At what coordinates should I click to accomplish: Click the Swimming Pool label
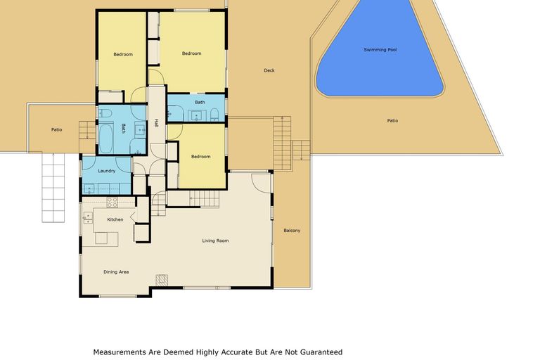[x=380, y=50]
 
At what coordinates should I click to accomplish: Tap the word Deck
[x=269, y=70]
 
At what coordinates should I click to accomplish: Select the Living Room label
[x=215, y=241]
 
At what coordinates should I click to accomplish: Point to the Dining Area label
[x=116, y=272]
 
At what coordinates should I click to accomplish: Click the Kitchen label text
[x=115, y=220]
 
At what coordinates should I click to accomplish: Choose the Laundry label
[x=106, y=171]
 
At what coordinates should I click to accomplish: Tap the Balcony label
[x=292, y=231]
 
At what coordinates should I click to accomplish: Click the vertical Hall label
[x=156, y=124]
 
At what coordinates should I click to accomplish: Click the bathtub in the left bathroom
[x=107, y=139]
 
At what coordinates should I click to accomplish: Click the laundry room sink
[x=89, y=188]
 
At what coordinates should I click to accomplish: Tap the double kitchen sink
[x=88, y=217]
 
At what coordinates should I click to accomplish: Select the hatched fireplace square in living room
[x=161, y=280]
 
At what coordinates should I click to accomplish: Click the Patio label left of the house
[x=56, y=129]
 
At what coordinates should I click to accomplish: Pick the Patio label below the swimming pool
[x=392, y=120]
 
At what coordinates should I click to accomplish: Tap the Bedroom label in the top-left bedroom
[x=123, y=54]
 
